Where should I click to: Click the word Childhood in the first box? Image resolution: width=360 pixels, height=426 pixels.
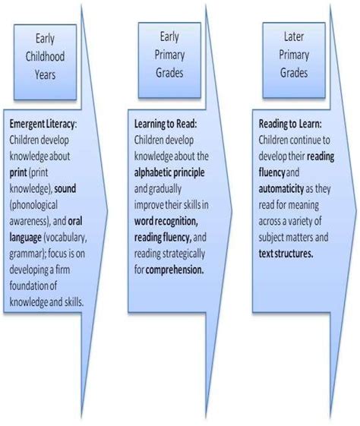point(45,56)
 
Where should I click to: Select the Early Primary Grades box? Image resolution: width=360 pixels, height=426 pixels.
point(169,60)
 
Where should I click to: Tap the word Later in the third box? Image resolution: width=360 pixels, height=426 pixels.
point(294,36)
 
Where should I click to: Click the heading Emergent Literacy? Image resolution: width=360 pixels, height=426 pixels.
point(42,125)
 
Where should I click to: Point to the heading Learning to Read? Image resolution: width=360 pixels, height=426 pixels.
point(165,125)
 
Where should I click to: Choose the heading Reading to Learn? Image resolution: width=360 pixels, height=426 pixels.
point(289,125)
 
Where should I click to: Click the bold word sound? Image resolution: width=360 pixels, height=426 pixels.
point(65,189)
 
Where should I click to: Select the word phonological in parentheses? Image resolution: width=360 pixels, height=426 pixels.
point(34,205)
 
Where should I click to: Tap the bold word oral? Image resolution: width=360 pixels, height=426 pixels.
point(75,221)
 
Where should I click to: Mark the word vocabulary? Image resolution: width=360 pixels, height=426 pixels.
point(65,238)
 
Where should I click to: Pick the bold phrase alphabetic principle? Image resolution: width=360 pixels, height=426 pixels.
point(169,173)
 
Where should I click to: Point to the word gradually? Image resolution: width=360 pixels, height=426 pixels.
point(165,189)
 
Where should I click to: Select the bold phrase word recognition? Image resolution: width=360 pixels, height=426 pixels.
point(166,222)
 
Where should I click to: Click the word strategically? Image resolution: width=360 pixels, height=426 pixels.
point(183,254)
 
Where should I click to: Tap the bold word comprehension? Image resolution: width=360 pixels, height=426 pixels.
point(175,270)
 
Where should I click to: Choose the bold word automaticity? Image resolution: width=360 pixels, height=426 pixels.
point(281,189)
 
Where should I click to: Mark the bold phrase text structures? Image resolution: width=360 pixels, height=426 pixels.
point(286,254)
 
